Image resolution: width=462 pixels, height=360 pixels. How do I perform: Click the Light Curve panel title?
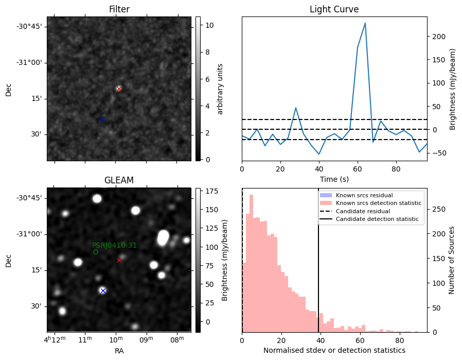[x=334, y=9]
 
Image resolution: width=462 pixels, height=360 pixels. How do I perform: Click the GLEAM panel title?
[x=119, y=180]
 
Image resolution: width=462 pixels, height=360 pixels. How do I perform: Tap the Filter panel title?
[x=119, y=9]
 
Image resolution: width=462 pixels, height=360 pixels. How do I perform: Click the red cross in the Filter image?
[x=119, y=89]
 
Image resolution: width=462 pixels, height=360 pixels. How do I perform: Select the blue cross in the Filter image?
[x=102, y=119]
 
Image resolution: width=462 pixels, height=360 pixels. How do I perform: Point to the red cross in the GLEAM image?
[x=119, y=260]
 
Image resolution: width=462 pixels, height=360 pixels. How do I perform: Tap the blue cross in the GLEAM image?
[x=103, y=290]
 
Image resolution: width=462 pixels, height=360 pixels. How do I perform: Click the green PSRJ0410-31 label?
[x=114, y=245]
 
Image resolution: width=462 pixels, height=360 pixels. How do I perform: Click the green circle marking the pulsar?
[x=96, y=252]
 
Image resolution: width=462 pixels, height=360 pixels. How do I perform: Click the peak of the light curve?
[x=365, y=23]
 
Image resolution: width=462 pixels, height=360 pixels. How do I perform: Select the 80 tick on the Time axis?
[x=396, y=168]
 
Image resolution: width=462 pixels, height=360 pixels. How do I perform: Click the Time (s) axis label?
[x=334, y=179]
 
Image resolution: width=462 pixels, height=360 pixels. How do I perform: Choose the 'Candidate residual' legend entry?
[x=365, y=212]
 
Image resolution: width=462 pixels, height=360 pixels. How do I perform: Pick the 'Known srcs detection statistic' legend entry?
[x=378, y=203]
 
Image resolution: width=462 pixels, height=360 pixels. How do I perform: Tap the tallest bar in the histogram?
[x=251, y=263]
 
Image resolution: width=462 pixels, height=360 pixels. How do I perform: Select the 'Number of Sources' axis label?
[x=452, y=260]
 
